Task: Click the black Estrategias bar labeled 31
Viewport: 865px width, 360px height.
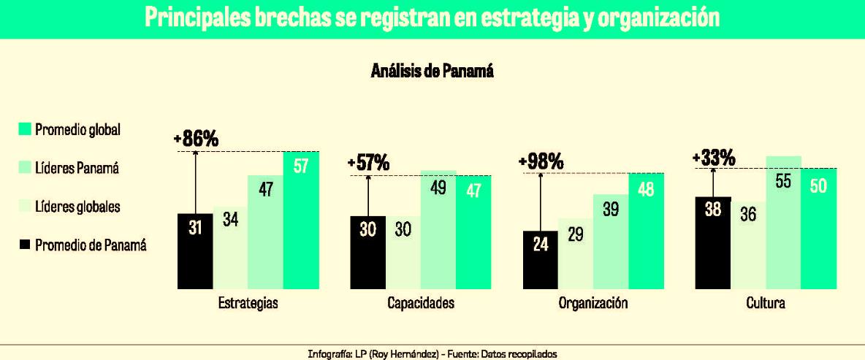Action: click(195, 250)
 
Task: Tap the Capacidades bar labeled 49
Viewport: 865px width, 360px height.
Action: click(438, 229)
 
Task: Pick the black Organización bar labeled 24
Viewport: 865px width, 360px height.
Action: click(540, 259)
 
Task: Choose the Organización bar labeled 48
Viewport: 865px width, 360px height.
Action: click(647, 231)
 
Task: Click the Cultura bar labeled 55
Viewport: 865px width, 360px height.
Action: click(783, 222)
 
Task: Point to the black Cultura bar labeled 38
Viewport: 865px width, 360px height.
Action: click(713, 242)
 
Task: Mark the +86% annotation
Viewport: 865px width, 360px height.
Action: click(196, 139)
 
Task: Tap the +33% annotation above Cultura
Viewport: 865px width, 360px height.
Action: click(714, 157)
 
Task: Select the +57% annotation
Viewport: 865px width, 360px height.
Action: click(368, 164)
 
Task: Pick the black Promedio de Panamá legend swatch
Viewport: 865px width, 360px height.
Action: click(25, 246)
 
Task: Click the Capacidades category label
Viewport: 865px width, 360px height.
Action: click(421, 304)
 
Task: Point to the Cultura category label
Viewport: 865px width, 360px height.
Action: click(766, 304)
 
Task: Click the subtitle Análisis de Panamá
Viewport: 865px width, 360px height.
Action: click(432, 71)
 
